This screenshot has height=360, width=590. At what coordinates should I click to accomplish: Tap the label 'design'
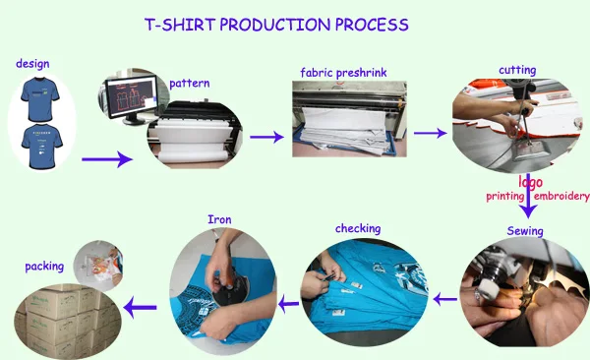click(x=32, y=63)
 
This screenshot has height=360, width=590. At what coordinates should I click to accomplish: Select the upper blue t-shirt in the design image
click(x=40, y=98)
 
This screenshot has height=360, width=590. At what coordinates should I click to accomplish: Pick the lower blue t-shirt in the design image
click(x=41, y=147)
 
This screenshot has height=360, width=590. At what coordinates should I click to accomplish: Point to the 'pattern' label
click(x=189, y=84)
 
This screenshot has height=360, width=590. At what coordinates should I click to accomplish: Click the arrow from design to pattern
click(x=107, y=159)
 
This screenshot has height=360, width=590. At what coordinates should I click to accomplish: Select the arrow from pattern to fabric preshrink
click(x=266, y=137)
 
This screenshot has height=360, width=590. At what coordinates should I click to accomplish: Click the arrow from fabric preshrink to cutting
click(x=430, y=133)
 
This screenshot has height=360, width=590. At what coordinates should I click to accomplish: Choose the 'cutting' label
click(x=517, y=70)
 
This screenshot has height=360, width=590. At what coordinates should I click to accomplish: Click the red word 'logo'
click(x=531, y=182)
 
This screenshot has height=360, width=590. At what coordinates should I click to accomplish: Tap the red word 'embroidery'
click(x=561, y=196)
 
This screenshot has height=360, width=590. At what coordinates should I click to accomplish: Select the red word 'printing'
click(x=505, y=197)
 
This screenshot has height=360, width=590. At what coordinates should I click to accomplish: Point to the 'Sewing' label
click(x=525, y=231)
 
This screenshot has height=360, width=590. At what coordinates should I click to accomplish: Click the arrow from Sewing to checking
click(x=445, y=300)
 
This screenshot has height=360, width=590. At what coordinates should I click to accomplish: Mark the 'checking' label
click(x=358, y=228)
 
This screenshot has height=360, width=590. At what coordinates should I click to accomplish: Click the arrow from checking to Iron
click(x=288, y=303)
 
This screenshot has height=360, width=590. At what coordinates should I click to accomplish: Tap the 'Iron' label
click(x=219, y=219)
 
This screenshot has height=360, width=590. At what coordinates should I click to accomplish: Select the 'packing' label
click(x=44, y=267)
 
